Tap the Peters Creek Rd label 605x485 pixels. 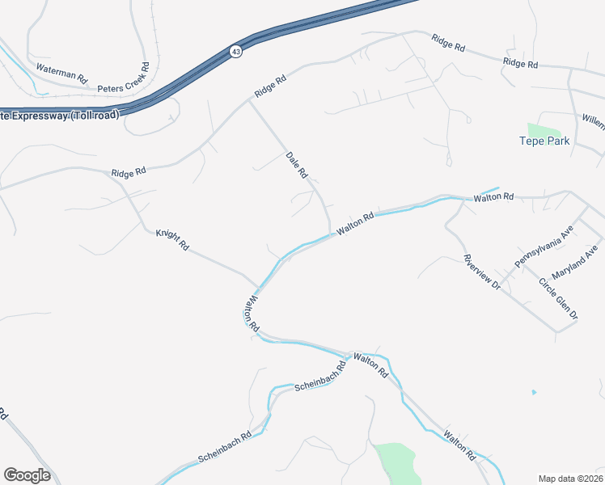(124, 78)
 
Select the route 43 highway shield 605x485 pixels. (235, 51)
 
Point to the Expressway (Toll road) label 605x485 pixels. (60, 115)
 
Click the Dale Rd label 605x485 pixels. (298, 163)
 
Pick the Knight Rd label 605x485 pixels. (171, 240)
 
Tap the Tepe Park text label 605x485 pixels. (544, 141)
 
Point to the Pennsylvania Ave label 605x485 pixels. (544, 247)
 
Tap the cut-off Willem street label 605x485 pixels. (593, 121)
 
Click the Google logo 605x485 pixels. (27, 475)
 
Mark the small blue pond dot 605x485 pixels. (533, 393)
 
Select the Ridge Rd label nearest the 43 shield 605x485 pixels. (270, 86)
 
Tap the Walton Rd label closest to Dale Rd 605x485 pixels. (356, 222)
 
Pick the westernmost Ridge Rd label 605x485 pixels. (129, 172)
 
